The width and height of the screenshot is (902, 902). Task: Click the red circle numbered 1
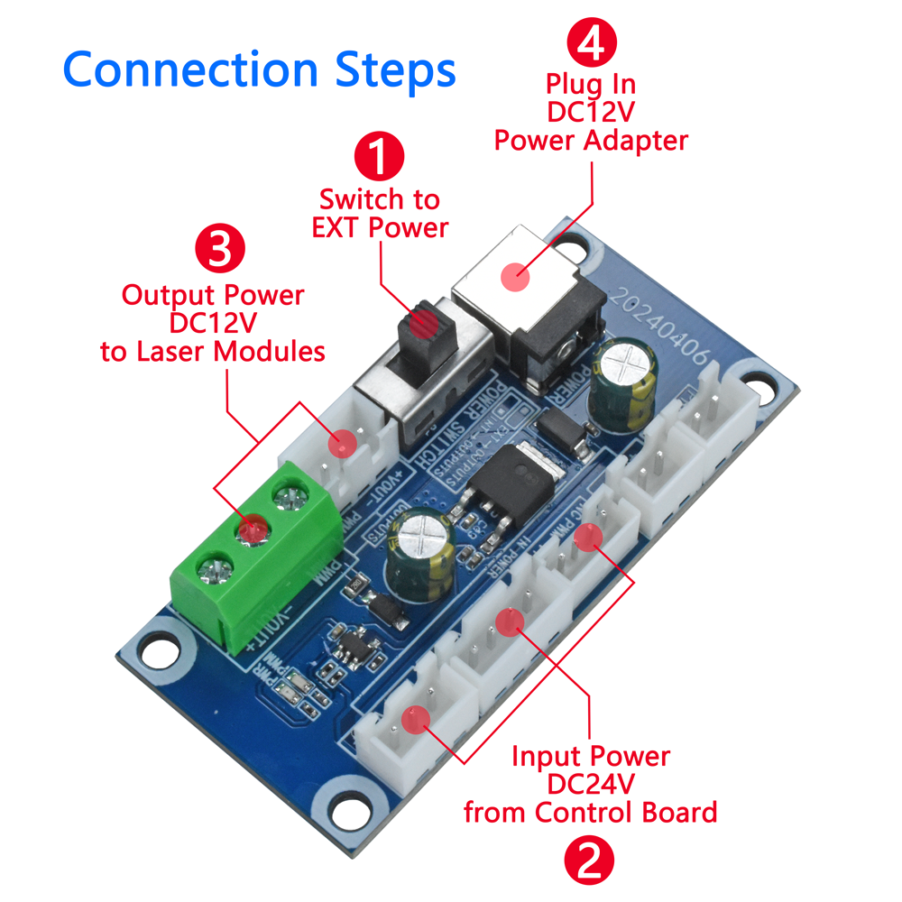tap(379, 156)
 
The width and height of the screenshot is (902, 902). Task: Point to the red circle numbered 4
tap(591, 43)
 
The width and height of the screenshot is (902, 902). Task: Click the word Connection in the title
tap(190, 69)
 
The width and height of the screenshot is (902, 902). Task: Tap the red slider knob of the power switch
tap(422, 330)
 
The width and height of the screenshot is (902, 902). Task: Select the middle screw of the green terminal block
tap(252, 529)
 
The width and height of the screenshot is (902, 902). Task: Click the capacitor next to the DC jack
tap(623, 379)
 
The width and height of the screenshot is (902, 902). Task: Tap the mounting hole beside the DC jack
tap(569, 242)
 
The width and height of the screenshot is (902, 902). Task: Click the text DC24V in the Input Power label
tap(591, 784)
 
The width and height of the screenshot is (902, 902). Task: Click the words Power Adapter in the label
tap(591, 141)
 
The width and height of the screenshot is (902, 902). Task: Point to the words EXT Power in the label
tap(380, 226)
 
